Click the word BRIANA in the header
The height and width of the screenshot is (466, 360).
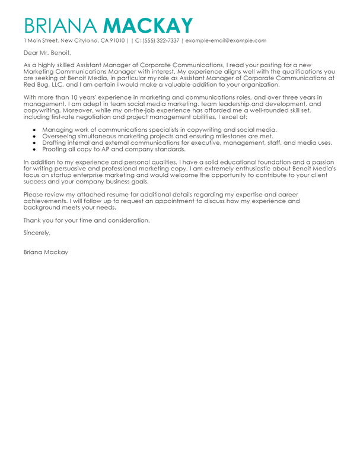(60, 26)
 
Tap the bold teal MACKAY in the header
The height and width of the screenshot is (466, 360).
(148, 26)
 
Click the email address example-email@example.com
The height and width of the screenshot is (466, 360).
(226, 40)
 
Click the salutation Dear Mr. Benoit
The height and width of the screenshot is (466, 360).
(46, 53)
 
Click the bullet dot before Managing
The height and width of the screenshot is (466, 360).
(34, 129)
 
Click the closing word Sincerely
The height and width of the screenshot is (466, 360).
(37, 232)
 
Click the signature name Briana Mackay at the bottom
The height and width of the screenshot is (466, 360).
(46, 252)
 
